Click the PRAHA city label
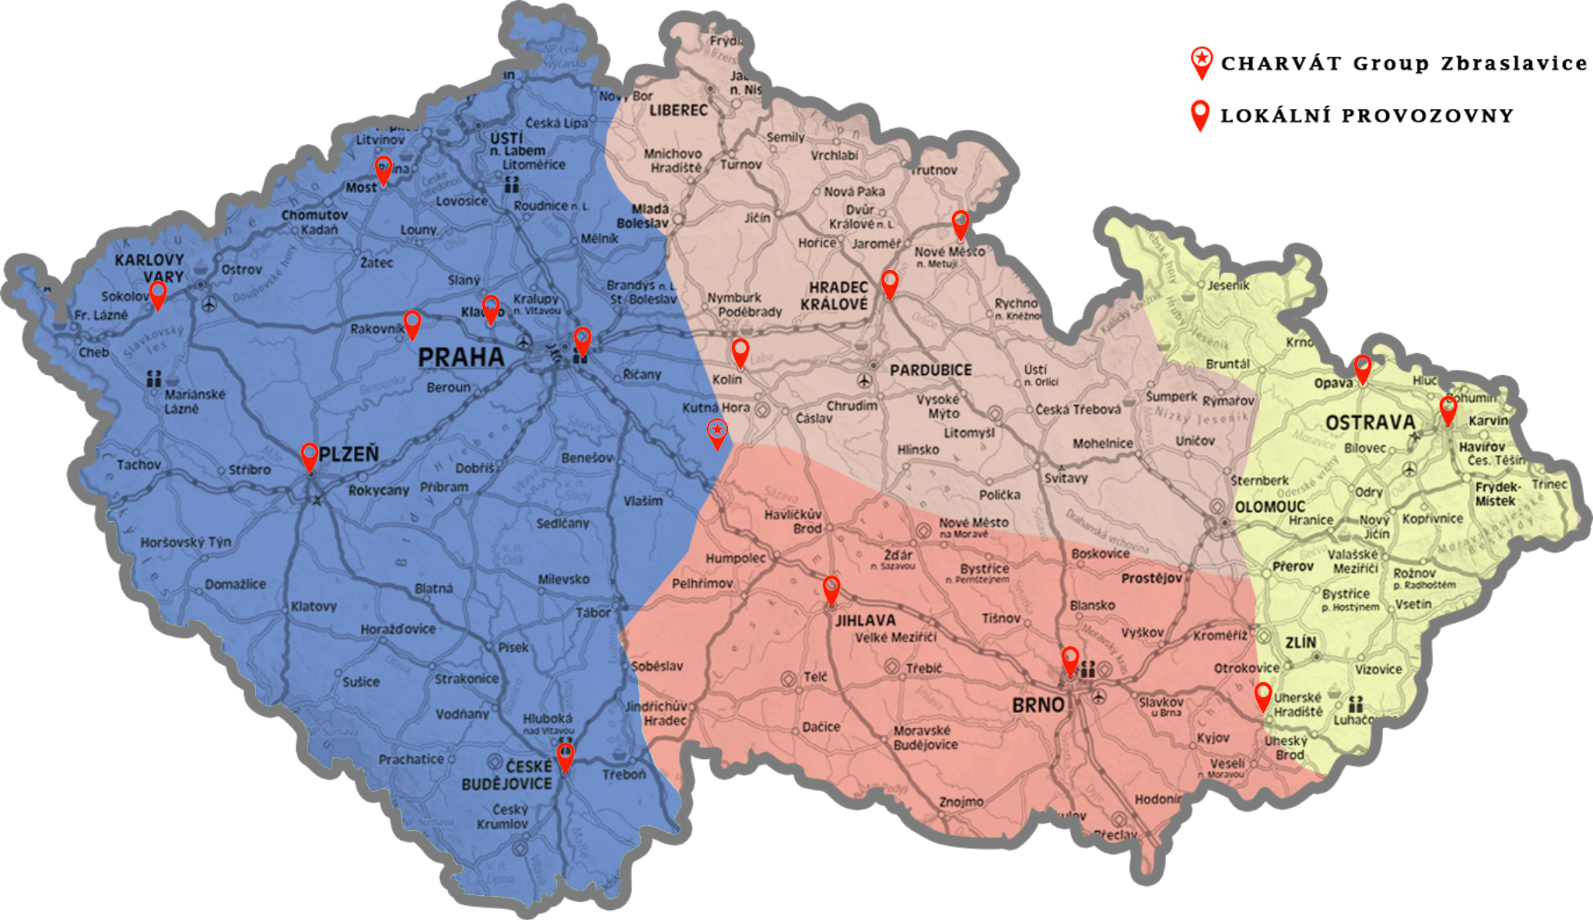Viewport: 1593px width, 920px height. pyautogui.click(x=460, y=358)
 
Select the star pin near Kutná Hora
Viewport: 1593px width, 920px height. pyautogui.click(x=717, y=432)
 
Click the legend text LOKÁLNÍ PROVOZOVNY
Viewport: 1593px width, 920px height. pyautogui.click(x=1367, y=116)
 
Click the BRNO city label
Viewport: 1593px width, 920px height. pyautogui.click(x=1038, y=705)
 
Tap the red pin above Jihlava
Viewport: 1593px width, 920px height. pyautogui.click(x=832, y=589)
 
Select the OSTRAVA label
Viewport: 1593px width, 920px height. pyautogui.click(x=1370, y=423)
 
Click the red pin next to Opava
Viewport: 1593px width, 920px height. pyautogui.click(x=1362, y=367)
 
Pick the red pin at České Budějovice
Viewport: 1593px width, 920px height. pyautogui.click(x=565, y=755)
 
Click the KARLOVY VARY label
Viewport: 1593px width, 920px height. pyautogui.click(x=149, y=268)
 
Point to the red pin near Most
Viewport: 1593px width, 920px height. pyautogui.click(x=383, y=168)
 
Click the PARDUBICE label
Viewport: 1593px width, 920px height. pyautogui.click(x=930, y=370)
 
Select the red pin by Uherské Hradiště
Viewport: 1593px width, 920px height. pyautogui.click(x=1263, y=695)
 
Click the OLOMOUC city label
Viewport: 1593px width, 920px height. pyautogui.click(x=1269, y=507)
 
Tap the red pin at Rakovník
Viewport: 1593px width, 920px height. pyautogui.click(x=412, y=323)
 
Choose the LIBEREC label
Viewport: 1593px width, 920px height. pyautogui.click(x=678, y=110)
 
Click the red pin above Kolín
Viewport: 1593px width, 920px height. pyautogui.click(x=740, y=351)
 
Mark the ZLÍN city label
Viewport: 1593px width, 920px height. pyautogui.click(x=1301, y=642)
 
